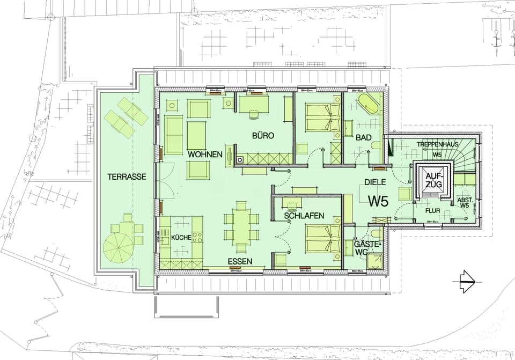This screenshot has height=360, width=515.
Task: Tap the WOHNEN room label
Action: tap(205, 155)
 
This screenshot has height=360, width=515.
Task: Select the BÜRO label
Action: tap(263, 136)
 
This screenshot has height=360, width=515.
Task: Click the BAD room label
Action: tap(363, 138)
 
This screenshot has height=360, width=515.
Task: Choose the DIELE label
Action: tap(375, 182)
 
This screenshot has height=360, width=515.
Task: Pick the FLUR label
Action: tap(432, 211)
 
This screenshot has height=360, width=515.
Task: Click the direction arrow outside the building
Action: tap(465, 279)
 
